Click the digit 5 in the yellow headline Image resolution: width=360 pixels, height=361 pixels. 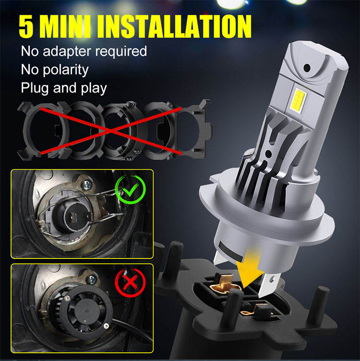(26, 26)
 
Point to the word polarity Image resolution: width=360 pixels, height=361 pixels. (66, 70)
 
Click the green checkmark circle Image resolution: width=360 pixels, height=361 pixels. (130, 189)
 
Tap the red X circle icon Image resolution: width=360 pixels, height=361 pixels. (130, 282)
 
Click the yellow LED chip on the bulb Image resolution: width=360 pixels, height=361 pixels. (298, 101)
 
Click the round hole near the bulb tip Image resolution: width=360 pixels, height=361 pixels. (307, 68)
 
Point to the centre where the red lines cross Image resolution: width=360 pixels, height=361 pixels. (111, 131)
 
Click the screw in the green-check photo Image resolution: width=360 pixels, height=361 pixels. (87, 185)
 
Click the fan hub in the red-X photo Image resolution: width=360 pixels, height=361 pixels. (86, 313)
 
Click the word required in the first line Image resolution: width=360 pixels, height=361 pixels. (121, 52)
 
